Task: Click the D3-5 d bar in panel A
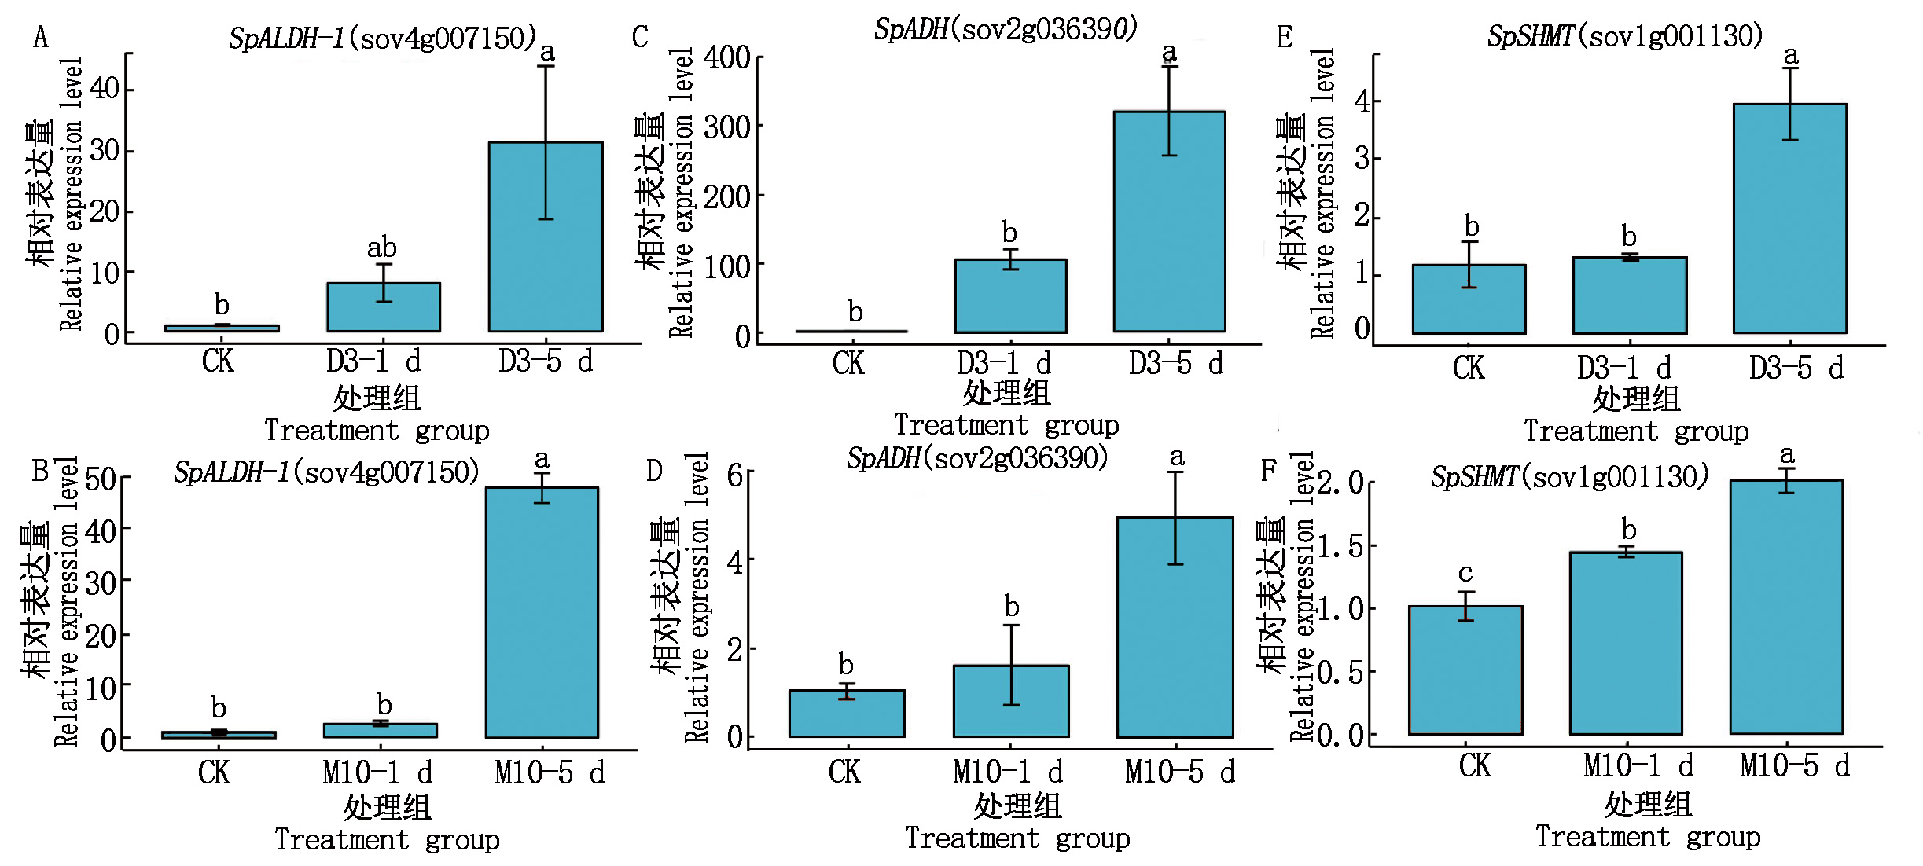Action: [x=546, y=237]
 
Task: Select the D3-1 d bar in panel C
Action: [x=1010, y=295]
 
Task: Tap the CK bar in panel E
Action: [x=1469, y=299]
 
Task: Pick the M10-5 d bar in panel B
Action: [x=542, y=612]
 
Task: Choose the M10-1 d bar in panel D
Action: [x=1011, y=701]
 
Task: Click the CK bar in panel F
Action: [x=1465, y=670]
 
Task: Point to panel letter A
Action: [x=40, y=37]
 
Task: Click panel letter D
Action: [x=654, y=471]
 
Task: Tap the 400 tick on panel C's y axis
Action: [x=727, y=57]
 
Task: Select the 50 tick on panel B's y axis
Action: [x=101, y=479]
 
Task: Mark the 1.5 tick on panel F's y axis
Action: [x=1341, y=546]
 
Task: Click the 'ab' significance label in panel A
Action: [x=382, y=248]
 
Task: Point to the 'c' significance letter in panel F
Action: [x=1465, y=573]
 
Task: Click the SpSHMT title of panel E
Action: [x=1625, y=36]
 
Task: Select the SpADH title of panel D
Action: [x=977, y=458]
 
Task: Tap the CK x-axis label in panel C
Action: [x=848, y=363]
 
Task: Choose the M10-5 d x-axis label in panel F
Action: [x=1795, y=765]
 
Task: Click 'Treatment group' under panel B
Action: [x=387, y=839]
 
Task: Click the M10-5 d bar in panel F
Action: [x=1786, y=607]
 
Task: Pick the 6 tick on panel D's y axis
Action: [x=735, y=474]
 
